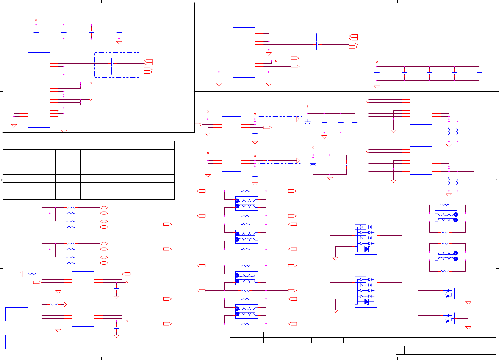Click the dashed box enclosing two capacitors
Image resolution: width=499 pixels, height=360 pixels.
[x=117, y=65]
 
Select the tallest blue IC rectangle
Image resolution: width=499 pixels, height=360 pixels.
[x=39, y=90]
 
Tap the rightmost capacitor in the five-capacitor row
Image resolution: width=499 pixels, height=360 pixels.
[x=479, y=74]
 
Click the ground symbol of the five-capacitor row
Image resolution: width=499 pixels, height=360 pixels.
[x=377, y=87]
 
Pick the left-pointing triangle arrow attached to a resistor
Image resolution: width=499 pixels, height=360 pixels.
[x=21, y=274]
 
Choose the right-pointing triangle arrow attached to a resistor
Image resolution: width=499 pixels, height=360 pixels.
[x=65, y=304]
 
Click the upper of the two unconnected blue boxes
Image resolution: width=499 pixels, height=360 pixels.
[x=17, y=314]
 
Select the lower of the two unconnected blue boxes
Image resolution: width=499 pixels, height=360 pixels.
[x=17, y=342]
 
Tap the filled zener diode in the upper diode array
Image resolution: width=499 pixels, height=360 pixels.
[x=366, y=249]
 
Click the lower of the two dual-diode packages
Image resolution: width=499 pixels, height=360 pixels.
[x=449, y=318]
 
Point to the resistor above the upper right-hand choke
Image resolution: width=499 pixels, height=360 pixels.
[x=445, y=205]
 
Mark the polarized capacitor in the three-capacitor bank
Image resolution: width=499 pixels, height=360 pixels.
[x=313, y=164]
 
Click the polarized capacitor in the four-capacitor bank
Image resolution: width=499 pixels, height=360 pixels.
[x=308, y=123]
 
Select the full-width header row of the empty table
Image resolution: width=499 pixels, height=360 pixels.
[x=89, y=145]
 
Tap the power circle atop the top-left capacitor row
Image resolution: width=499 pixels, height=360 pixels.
[x=36, y=20]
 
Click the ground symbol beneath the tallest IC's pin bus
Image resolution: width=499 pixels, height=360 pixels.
[x=64, y=131]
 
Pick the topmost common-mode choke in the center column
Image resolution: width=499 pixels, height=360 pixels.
[x=246, y=203]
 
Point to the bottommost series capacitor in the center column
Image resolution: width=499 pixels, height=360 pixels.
[x=192, y=324]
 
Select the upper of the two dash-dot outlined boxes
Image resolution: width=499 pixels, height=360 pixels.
[x=280, y=119]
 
